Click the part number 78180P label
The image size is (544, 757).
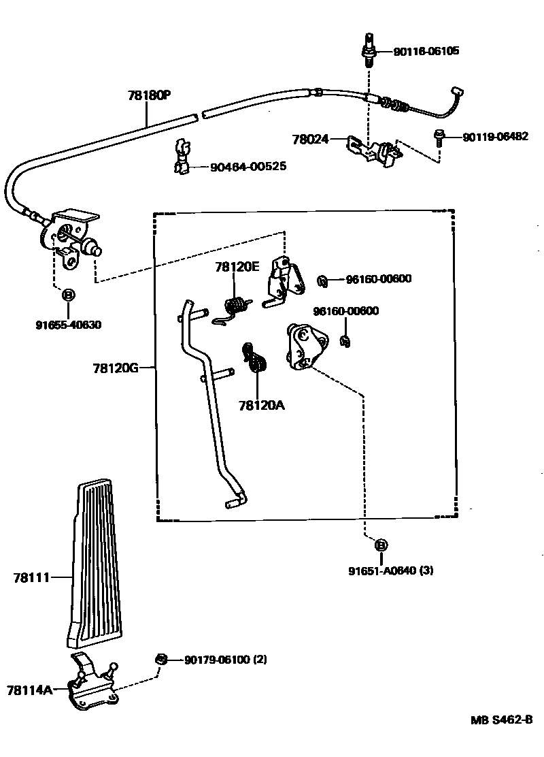click(148, 95)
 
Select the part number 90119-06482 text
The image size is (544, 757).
click(495, 137)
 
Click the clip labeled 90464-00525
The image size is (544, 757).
click(181, 157)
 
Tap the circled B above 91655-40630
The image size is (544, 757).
click(68, 295)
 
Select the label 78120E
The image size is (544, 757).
click(237, 268)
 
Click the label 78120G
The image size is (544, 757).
click(116, 368)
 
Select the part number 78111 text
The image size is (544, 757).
click(31, 578)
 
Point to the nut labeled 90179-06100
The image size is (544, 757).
click(161, 659)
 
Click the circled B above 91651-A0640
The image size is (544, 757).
click(380, 545)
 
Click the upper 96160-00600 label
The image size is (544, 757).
click(378, 279)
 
